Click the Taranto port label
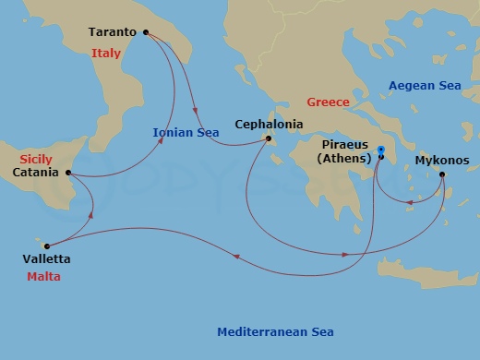point(113,32)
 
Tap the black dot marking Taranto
point(146,32)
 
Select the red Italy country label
point(106,54)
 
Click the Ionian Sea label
point(186,132)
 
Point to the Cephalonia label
point(269,123)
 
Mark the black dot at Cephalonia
point(269,139)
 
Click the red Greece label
point(328,102)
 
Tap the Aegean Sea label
point(424,85)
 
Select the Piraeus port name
point(344,145)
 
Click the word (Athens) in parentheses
point(344,159)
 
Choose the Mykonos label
point(441,160)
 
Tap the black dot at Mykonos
point(442,174)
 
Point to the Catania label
point(38,173)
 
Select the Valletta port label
point(48,259)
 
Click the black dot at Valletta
point(46,246)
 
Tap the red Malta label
point(43,276)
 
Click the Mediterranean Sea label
point(275,332)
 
